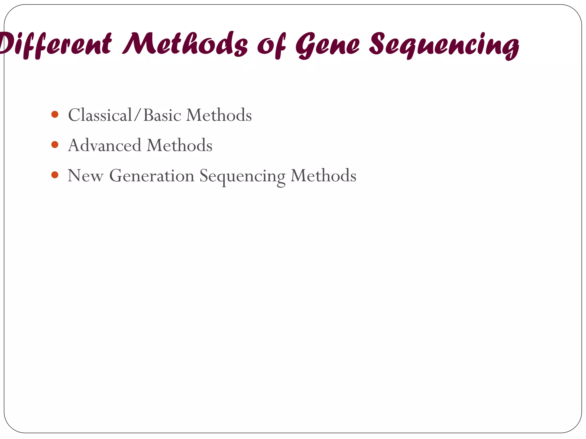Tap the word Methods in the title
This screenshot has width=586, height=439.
tap(185, 44)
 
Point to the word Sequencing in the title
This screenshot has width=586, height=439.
tap(444, 46)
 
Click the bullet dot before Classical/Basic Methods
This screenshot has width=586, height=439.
tap(55, 115)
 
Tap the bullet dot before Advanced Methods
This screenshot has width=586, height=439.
tap(55, 145)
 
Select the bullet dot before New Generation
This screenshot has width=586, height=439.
tap(55, 175)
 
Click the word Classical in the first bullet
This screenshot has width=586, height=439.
tap(100, 115)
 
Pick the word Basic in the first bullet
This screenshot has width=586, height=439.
tap(162, 115)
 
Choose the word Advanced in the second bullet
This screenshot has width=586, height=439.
tap(104, 145)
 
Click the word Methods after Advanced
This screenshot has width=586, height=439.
tap(179, 145)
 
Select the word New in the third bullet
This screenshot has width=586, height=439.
tap(85, 175)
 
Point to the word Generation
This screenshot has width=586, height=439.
tap(152, 175)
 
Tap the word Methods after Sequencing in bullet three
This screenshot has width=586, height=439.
tap(323, 175)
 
